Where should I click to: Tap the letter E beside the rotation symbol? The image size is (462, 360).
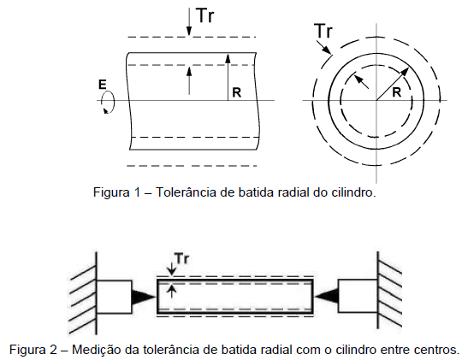(x=102, y=84)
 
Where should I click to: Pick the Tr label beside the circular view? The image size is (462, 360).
(x=323, y=32)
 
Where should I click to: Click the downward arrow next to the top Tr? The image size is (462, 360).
(x=187, y=22)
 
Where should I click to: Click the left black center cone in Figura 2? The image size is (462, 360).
(x=143, y=295)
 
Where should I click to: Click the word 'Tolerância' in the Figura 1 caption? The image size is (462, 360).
(x=187, y=192)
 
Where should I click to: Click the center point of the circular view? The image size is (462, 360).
(x=376, y=101)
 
